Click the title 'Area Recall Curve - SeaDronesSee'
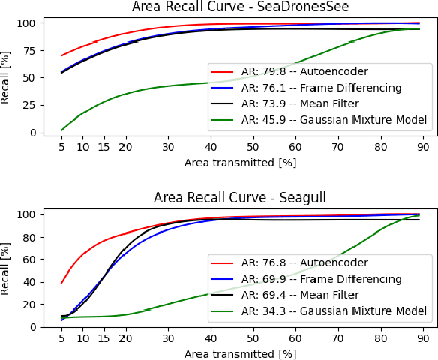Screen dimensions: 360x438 pos(240,7)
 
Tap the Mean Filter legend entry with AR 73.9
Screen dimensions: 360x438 pos(314,103)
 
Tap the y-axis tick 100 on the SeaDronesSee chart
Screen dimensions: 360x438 pos(28,23)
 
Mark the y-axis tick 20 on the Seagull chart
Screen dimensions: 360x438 pos(31,304)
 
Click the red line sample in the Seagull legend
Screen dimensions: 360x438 pos(223,263)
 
